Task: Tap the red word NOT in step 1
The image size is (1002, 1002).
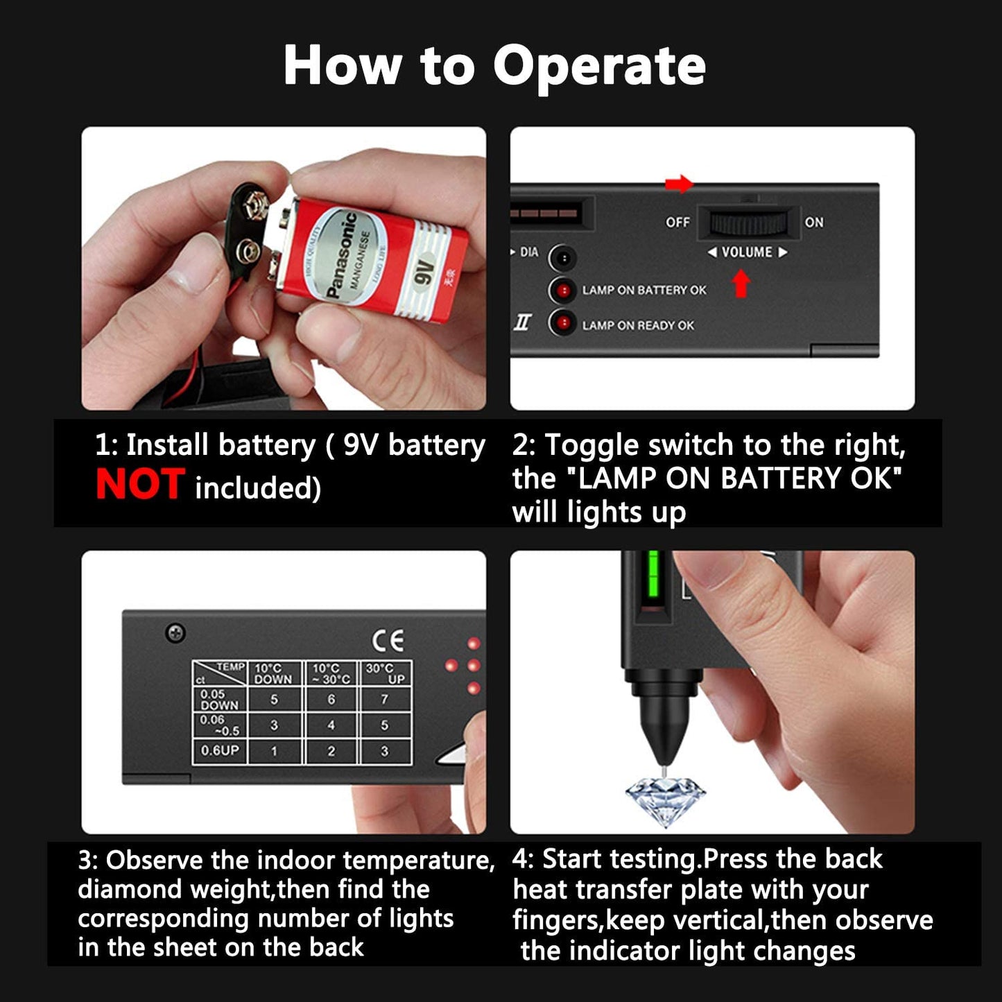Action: (x=140, y=484)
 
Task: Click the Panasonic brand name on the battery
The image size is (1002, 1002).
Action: (x=341, y=254)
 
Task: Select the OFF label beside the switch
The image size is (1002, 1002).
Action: (x=677, y=223)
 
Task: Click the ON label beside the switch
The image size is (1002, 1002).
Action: (x=814, y=223)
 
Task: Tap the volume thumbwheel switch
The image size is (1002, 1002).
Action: (x=748, y=223)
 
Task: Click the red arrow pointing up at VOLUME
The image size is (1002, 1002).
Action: (x=741, y=284)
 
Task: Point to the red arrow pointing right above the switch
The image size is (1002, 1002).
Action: (x=679, y=184)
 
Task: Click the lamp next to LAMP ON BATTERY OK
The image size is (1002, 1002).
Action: (x=562, y=290)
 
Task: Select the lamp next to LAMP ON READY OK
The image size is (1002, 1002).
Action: (x=562, y=323)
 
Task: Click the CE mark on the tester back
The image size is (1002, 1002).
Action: (x=388, y=641)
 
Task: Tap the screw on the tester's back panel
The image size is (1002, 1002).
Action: (x=175, y=633)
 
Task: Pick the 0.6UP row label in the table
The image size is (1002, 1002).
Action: (x=220, y=750)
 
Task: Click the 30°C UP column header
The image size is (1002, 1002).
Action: (x=386, y=673)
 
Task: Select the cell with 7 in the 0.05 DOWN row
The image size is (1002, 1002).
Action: (x=384, y=700)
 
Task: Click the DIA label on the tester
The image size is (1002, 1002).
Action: (x=529, y=252)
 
